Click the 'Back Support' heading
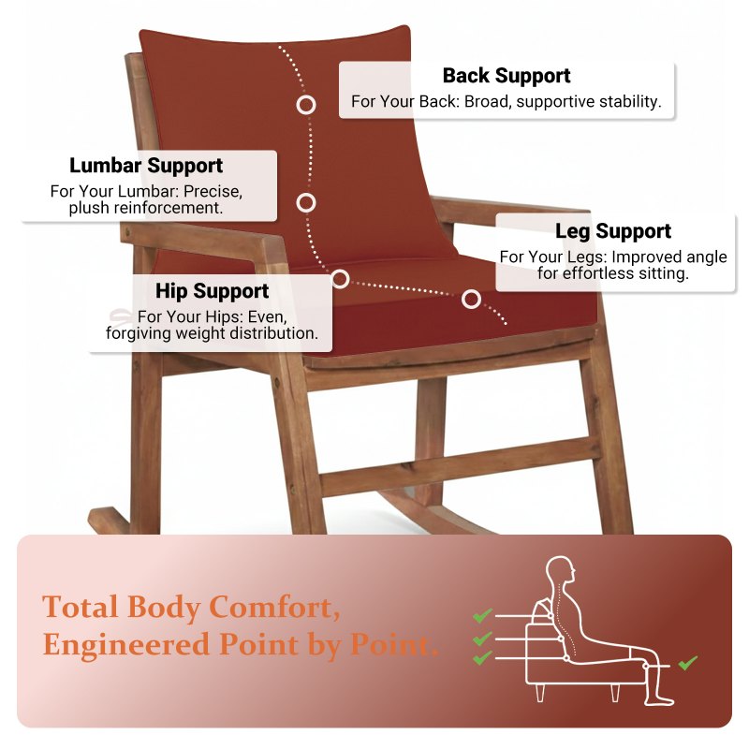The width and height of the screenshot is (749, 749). pyautogui.click(x=507, y=76)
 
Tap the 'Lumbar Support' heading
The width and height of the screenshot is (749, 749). pyautogui.click(x=146, y=166)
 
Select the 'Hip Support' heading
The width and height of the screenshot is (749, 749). pyautogui.click(x=213, y=291)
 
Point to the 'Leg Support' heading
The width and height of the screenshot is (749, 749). pyautogui.click(x=613, y=231)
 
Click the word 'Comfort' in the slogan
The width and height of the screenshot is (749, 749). pyautogui.click(x=274, y=608)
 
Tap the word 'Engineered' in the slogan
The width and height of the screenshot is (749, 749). pyautogui.click(x=126, y=645)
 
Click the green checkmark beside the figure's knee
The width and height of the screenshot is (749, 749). pyautogui.click(x=688, y=663)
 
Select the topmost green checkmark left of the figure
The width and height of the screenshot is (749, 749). pyautogui.click(x=482, y=615)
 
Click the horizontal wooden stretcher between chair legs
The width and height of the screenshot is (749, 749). pyautogui.click(x=460, y=466)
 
